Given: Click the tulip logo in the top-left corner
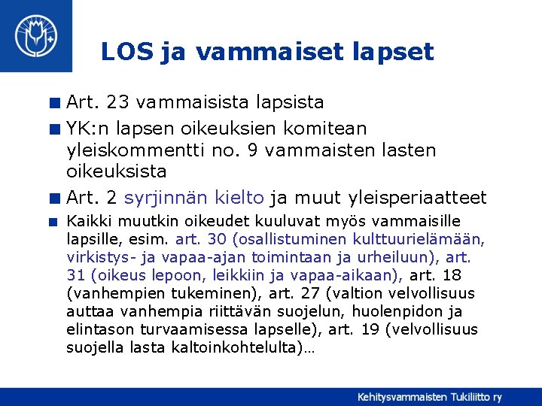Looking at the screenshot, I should pyautogui.click(x=36, y=35).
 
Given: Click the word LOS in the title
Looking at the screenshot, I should pyautogui.click(x=127, y=51).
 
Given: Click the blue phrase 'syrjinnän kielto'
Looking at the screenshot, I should pyautogui.click(x=194, y=198).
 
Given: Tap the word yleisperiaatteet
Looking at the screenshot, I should pyautogui.click(x=419, y=198).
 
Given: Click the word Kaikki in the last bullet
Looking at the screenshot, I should pyautogui.click(x=87, y=221).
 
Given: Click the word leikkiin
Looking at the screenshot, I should pyautogui.click(x=227, y=275).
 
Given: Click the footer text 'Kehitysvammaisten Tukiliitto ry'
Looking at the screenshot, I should pyautogui.click(x=429, y=396).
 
